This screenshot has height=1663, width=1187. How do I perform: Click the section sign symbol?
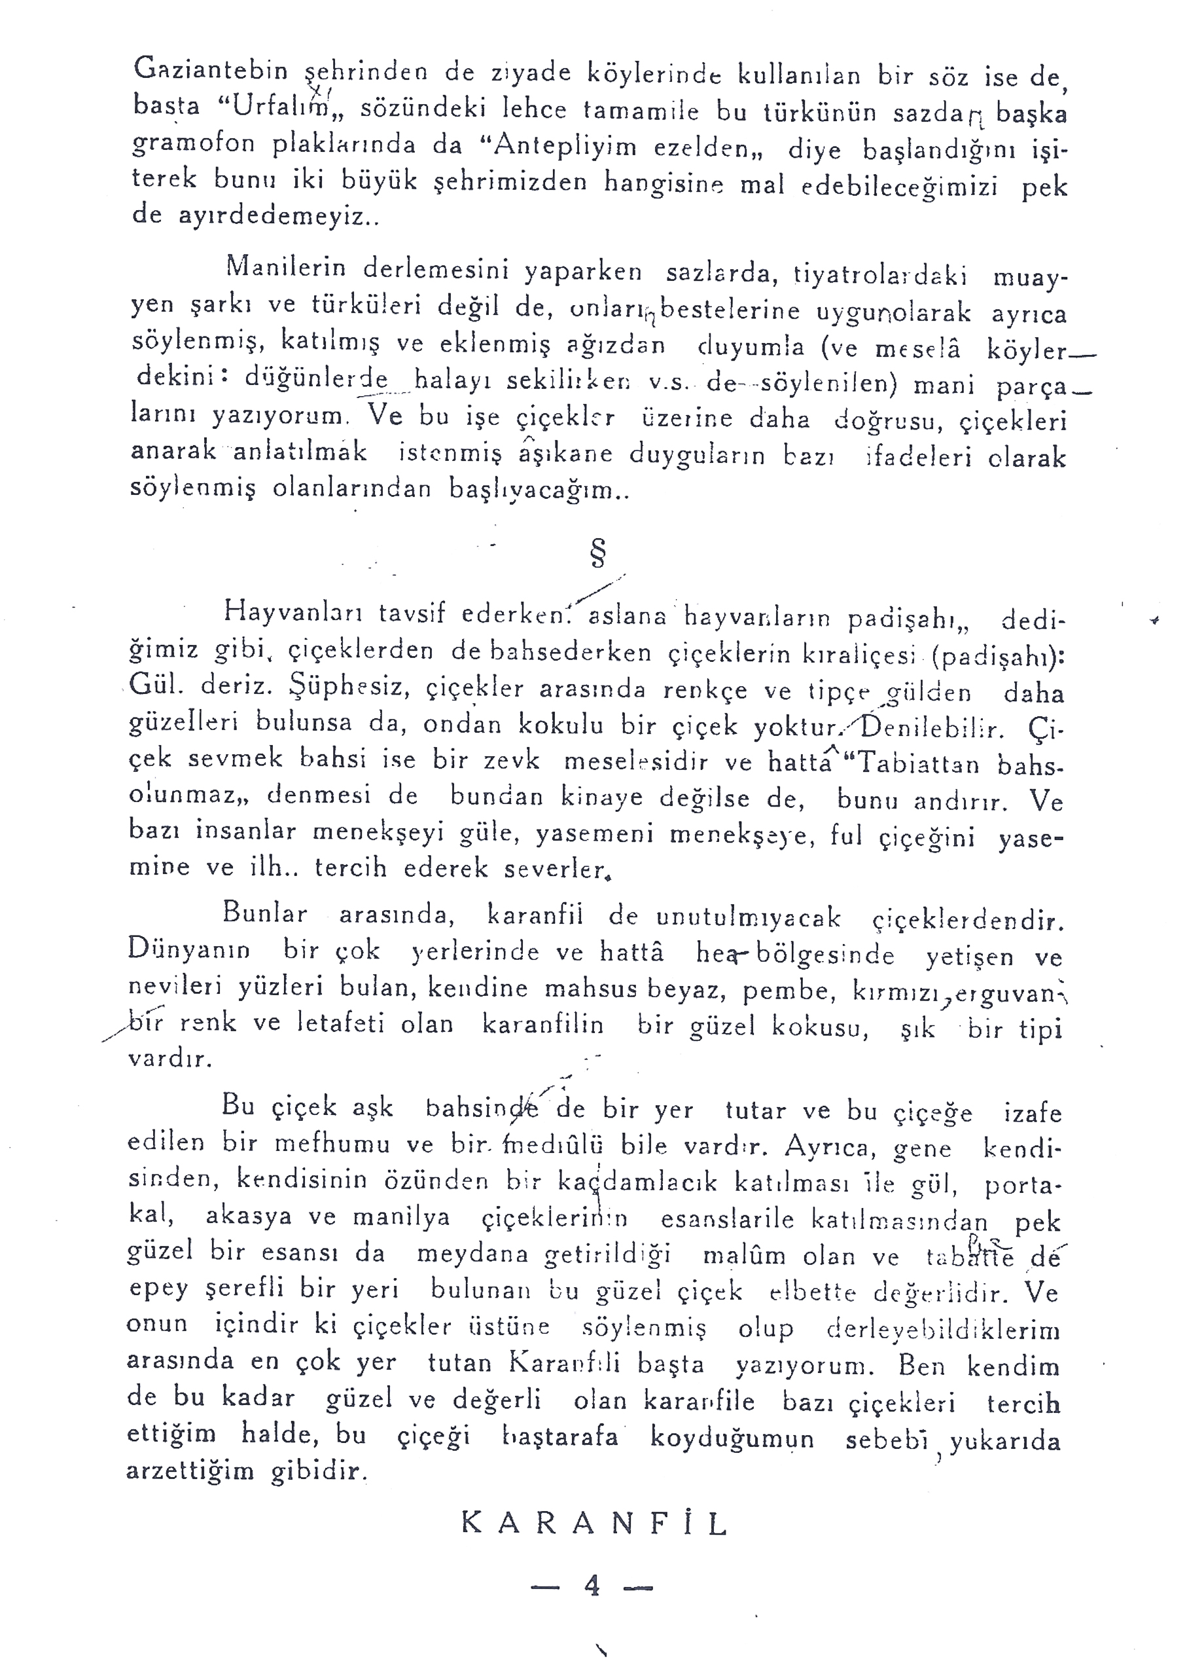pyautogui.click(x=598, y=555)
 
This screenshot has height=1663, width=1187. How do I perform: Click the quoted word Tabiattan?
pyautogui.click(x=917, y=763)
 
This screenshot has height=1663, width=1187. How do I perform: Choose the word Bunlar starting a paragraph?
pyautogui.click(x=264, y=913)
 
